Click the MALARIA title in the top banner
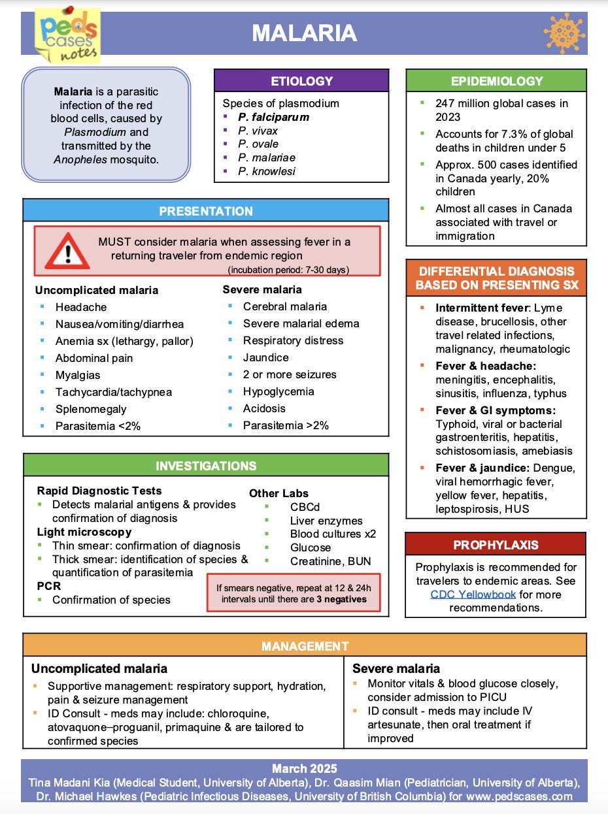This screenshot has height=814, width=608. click(x=305, y=33)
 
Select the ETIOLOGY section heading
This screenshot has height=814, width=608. click(x=301, y=82)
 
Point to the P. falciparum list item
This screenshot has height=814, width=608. click(x=273, y=118)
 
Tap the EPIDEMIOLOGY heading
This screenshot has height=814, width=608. click(x=496, y=81)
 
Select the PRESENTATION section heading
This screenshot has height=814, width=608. click(x=205, y=211)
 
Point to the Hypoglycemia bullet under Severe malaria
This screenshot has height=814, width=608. click(x=279, y=391)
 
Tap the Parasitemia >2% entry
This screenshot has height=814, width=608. click(x=286, y=425)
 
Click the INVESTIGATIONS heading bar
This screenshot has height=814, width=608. click(x=205, y=466)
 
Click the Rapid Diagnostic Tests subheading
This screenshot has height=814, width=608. click(x=99, y=491)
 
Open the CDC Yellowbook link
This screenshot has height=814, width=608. click(x=473, y=594)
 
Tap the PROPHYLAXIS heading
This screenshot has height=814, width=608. click(x=496, y=545)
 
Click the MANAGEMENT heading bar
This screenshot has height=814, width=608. click(x=305, y=646)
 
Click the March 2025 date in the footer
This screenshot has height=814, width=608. click(x=304, y=768)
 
